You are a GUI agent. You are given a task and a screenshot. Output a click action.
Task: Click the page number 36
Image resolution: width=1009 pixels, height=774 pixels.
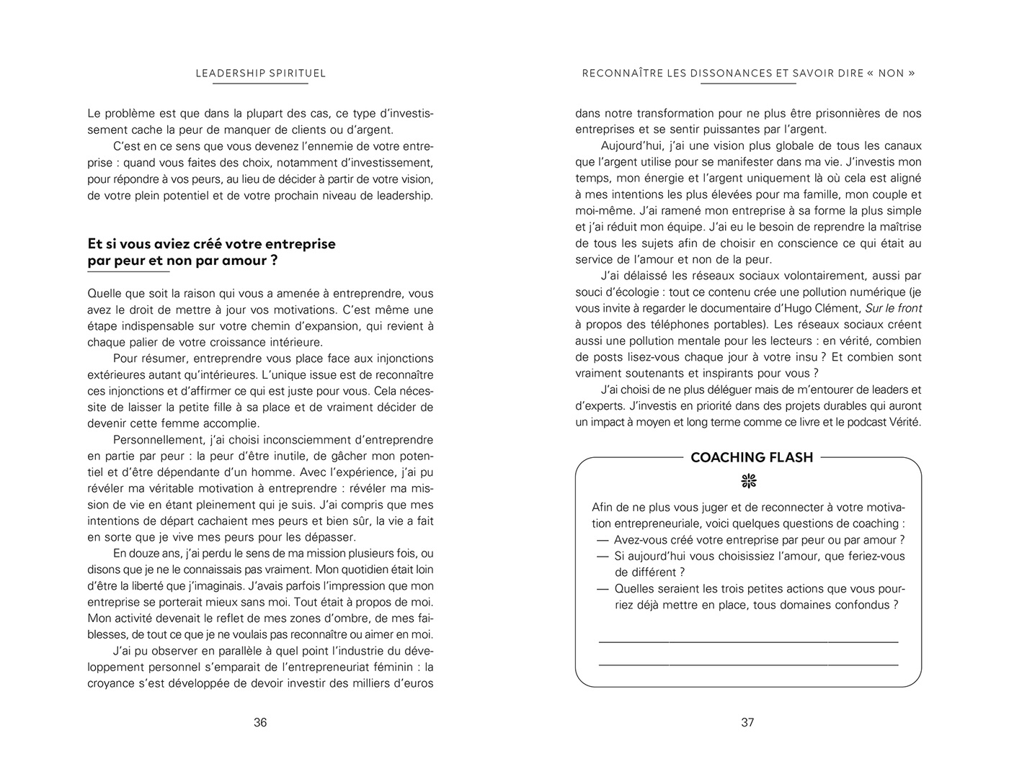click(x=260, y=722)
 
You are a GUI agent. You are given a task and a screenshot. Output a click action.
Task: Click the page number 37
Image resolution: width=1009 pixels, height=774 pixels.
click(x=747, y=722)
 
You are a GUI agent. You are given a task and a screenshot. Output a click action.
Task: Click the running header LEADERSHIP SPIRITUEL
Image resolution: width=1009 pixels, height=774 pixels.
click(x=261, y=73)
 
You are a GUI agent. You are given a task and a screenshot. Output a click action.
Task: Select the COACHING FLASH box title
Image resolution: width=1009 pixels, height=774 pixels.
click(x=751, y=457)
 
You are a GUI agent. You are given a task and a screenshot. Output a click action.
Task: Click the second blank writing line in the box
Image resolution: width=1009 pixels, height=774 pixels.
click(x=748, y=665)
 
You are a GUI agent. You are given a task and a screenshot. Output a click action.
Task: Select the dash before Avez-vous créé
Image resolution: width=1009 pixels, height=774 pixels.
click(x=603, y=540)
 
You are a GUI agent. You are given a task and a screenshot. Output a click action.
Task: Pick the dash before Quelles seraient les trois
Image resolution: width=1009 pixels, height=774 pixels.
click(x=603, y=589)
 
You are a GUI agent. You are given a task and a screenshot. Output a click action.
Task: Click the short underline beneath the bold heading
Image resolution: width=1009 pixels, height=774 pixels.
click(x=128, y=272)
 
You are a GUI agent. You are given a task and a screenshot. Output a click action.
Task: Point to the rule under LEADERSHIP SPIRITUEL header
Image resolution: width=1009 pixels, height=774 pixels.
click(x=260, y=84)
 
